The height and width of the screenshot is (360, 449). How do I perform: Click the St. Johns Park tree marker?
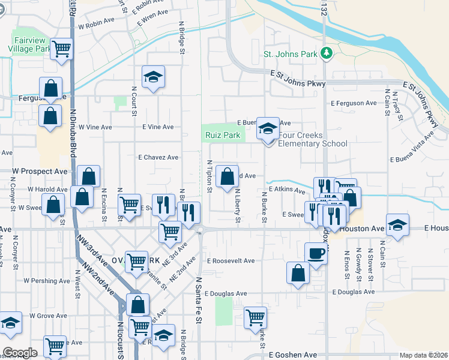(x=327, y=53)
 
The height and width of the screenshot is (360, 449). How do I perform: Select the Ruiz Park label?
(x=223, y=136)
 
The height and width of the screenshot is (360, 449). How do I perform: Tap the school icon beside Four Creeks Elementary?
(x=268, y=129)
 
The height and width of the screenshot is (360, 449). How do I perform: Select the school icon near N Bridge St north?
(x=153, y=77)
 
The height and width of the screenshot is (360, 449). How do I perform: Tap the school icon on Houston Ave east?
(x=397, y=226)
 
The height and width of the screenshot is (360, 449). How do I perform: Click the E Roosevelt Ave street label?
(x=231, y=261)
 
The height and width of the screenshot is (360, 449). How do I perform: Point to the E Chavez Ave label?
(x=158, y=157)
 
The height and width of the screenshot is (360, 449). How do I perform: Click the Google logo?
(x=20, y=353)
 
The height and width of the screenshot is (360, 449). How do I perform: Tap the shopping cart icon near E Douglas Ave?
(x=256, y=316)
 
